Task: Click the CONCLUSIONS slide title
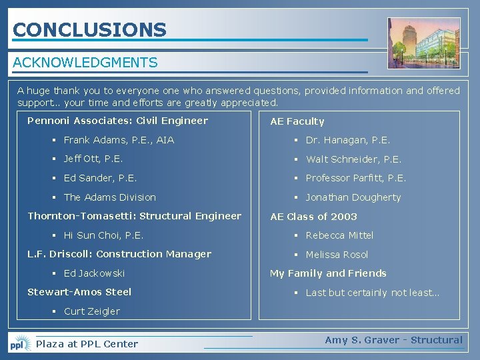click(x=89, y=30)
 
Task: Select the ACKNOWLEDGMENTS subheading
click(x=85, y=63)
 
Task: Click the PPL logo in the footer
click(x=19, y=344)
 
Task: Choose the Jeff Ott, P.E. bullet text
click(x=93, y=159)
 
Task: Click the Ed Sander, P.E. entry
click(x=100, y=178)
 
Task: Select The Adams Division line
click(x=109, y=197)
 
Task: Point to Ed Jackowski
click(x=94, y=273)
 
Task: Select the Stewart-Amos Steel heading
click(x=79, y=292)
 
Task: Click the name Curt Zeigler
click(x=91, y=311)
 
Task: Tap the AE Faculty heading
click(x=297, y=121)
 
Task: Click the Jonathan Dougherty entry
click(x=353, y=197)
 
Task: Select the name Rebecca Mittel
click(x=339, y=235)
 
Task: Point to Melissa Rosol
click(x=337, y=255)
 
